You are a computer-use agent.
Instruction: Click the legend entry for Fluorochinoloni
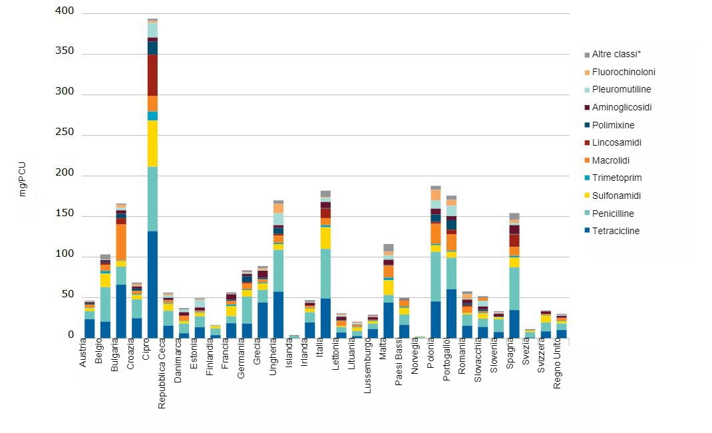pyautogui.click(x=623, y=72)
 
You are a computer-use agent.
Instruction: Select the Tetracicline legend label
pyautogui.click(x=616, y=231)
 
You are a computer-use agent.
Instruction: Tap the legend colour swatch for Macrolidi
pyautogui.click(x=587, y=161)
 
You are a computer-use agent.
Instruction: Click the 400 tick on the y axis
pyautogui.click(x=69, y=13)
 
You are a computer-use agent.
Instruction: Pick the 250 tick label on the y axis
pyautogui.click(x=69, y=135)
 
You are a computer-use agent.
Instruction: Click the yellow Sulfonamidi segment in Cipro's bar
pyautogui.click(x=152, y=143)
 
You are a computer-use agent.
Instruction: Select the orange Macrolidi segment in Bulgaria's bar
pyautogui.click(x=121, y=242)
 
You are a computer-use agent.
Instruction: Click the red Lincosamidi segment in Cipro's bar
pyautogui.click(x=152, y=75)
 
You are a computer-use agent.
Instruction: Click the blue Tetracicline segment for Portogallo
pyautogui.click(x=451, y=313)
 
